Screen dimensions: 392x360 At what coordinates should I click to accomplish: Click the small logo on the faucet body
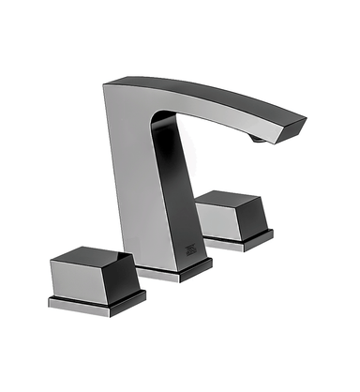pyautogui.click(x=188, y=247)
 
